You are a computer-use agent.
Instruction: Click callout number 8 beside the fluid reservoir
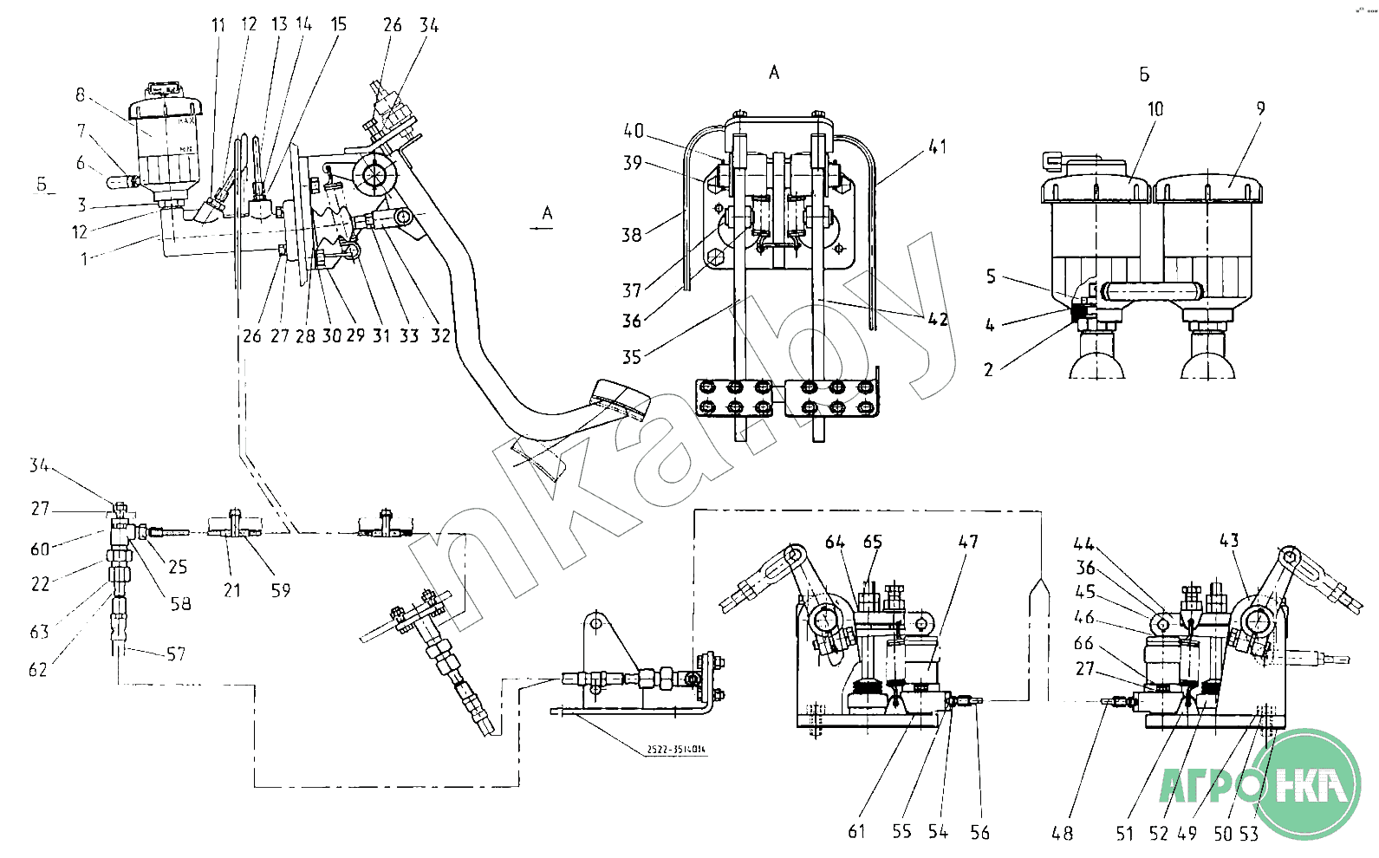tap(81, 94)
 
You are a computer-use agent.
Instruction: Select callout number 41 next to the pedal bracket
tap(937, 147)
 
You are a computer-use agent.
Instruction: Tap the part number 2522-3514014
tap(675, 750)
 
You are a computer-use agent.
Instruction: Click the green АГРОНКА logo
tap(1261, 785)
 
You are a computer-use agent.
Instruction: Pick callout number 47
tap(968, 542)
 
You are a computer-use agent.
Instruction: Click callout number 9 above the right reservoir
tap(1260, 108)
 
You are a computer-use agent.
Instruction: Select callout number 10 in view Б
tap(1155, 109)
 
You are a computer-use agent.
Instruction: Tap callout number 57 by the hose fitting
tap(176, 654)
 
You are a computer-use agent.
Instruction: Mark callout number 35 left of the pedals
tap(631, 356)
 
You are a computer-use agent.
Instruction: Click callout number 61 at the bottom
tap(856, 831)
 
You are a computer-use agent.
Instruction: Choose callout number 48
tap(1062, 833)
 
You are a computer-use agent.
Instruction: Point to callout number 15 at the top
tap(339, 24)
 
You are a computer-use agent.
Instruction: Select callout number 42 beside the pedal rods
tap(938, 319)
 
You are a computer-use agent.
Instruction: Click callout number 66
tap(1083, 643)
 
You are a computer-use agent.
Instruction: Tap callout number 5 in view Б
tap(991, 276)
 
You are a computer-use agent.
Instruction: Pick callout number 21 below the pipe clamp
tap(231, 590)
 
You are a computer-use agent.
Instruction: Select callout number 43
tap(1229, 541)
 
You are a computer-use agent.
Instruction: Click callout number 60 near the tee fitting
tap(40, 549)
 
